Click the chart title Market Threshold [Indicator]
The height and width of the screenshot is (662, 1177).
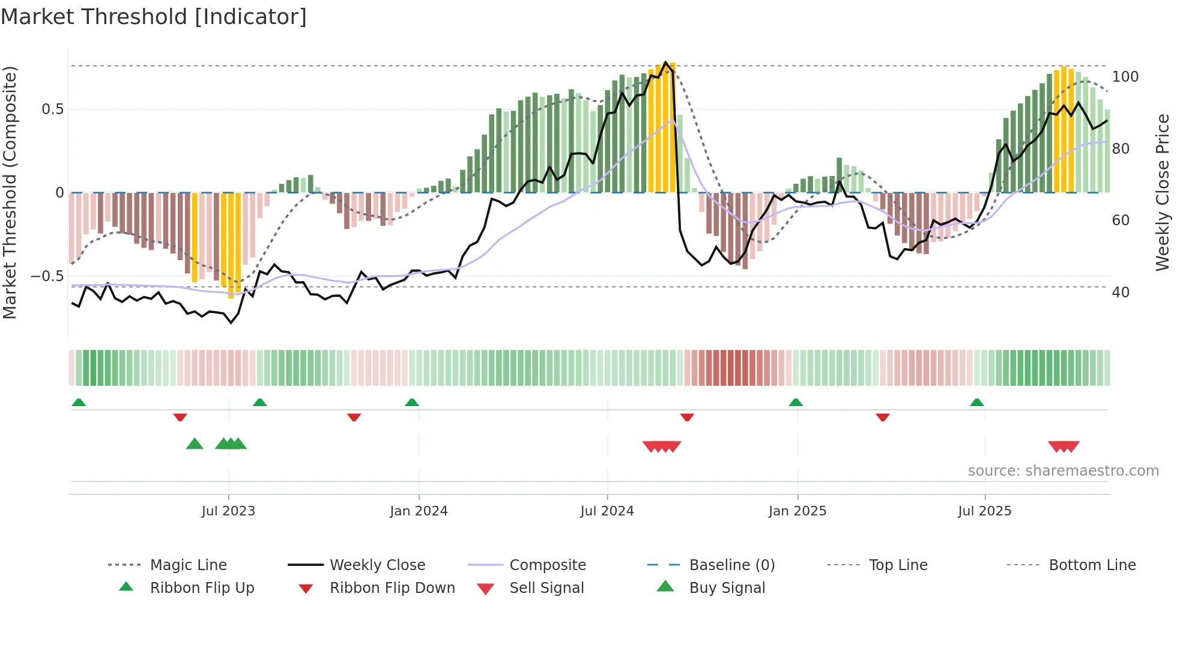154,17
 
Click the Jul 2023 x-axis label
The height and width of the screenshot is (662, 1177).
228,511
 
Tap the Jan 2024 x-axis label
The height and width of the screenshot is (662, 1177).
419,511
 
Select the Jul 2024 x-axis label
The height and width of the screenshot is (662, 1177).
607,511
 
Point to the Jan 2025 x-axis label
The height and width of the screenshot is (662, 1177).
797,511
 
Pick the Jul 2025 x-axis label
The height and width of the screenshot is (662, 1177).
985,511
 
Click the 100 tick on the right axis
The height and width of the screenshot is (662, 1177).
1125,77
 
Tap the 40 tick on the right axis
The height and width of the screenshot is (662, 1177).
1121,293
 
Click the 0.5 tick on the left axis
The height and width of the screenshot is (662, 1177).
52,109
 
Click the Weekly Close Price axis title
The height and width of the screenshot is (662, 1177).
1163,192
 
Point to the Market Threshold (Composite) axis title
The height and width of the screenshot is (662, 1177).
10,192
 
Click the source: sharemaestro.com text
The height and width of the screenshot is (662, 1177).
1063,471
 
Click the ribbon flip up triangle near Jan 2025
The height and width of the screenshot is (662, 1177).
796,402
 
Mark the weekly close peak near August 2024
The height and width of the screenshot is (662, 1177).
665,62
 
